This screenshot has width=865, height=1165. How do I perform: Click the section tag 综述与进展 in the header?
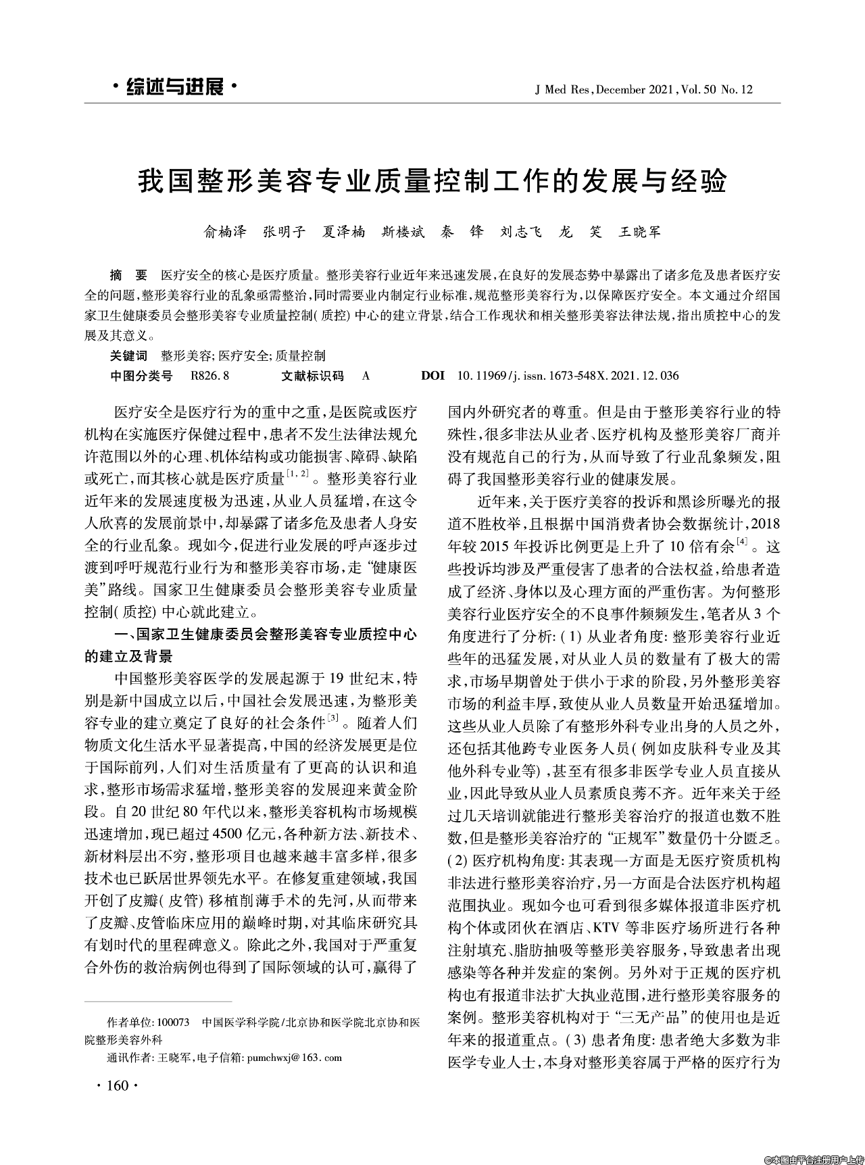pos(174,87)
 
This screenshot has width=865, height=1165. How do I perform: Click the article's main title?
pos(432,181)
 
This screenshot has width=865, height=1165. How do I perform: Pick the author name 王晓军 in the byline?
pos(640,232)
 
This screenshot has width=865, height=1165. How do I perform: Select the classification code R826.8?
pos(211,375)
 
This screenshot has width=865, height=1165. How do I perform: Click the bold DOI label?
pos(432,375)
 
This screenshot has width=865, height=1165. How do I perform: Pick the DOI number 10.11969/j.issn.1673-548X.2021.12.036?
pos(568,375)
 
